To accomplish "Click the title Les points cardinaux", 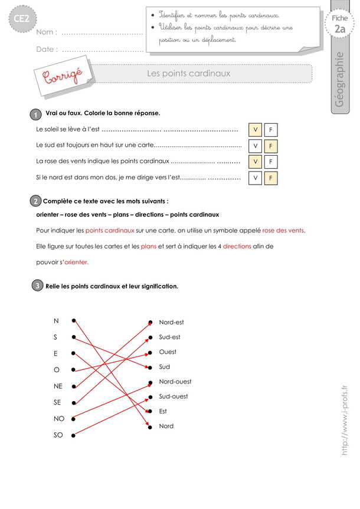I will click(x=188, y=74).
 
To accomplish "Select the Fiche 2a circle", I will click(x=339, y=25).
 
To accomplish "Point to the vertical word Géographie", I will click(x=339, y=79).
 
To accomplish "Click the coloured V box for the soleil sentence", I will click(x=255, y=130).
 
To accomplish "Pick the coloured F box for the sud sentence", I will click(x=270, y=146).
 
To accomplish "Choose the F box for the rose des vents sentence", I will click(x=270, y=161).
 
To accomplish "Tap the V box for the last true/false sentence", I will click(x=255, y=177).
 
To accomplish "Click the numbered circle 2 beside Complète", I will click(x=35, y=201).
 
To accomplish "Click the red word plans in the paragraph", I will click(x=149, y=246).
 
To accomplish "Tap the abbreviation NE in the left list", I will click(x=57, y=386).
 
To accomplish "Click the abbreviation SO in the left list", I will click(x=57, y=436).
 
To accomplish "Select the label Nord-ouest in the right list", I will click(x=175, y=382).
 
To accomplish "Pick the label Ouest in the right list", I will click(x=168, y=352).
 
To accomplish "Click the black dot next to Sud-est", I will click(x=150, y=338).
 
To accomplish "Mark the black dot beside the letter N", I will click(x=74, y=321).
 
